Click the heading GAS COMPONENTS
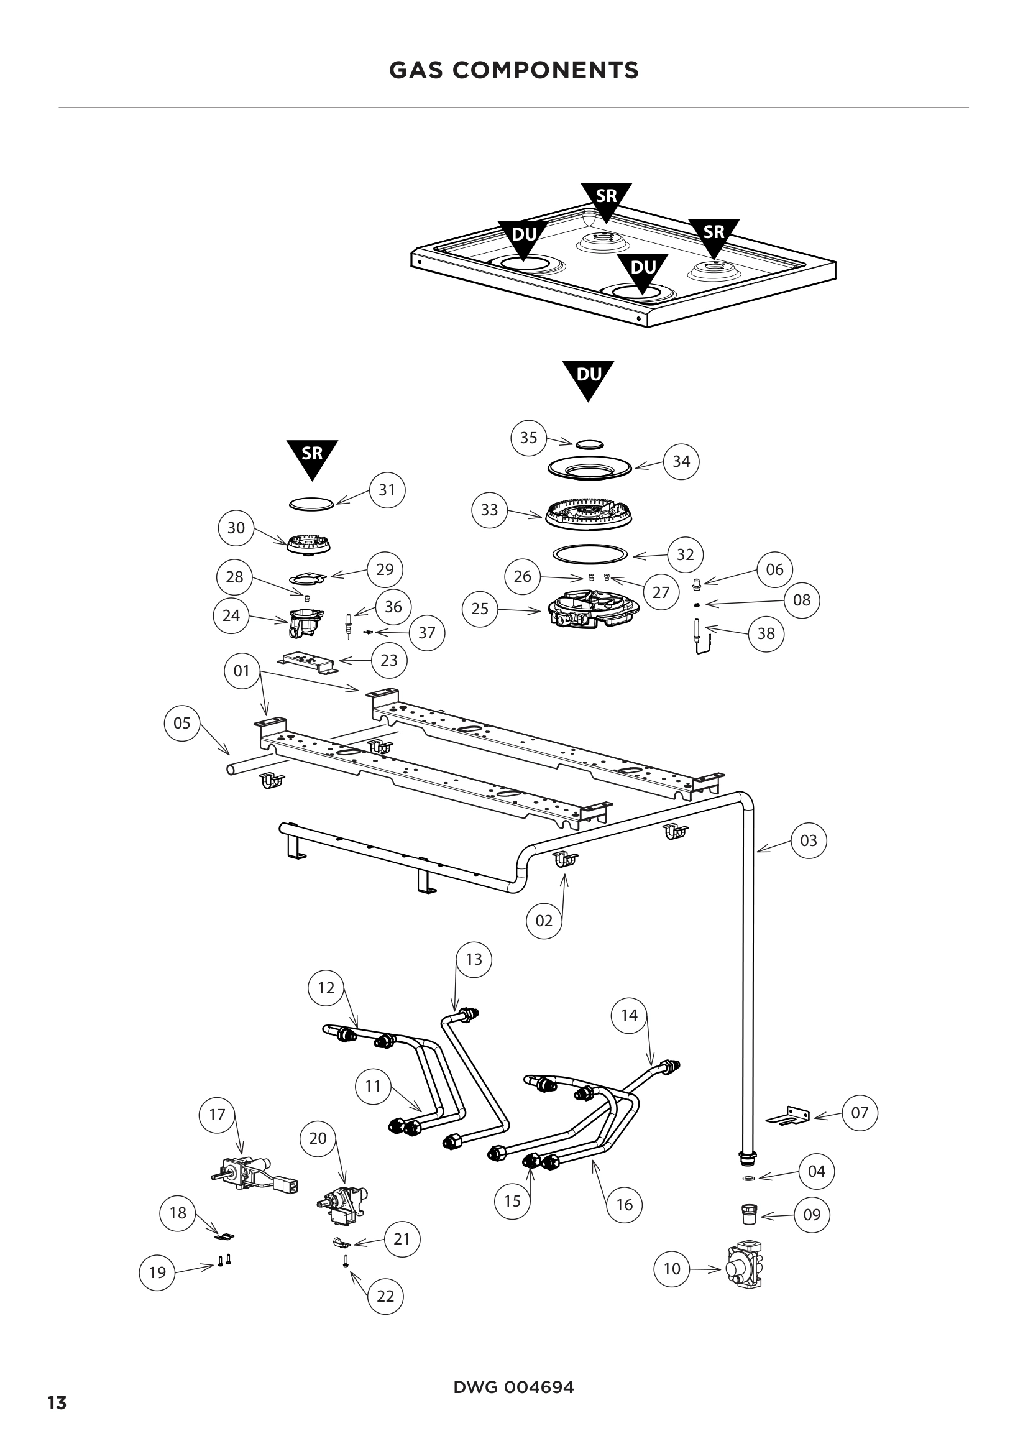(x=513, y=70)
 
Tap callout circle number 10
(x=672, y=1269)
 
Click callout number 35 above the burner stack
(x=528, y=438)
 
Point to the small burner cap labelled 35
(x=589, y=444)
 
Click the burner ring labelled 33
(x=589, y=514)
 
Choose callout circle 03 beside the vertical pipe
(x=809, y=840)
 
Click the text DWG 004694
(x=513, y=1387)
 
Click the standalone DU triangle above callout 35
(x=588, y=378)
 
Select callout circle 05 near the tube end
(x=181, y=722)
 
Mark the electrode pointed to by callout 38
(x=699, y=637)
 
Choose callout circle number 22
(x=385, y=1295)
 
